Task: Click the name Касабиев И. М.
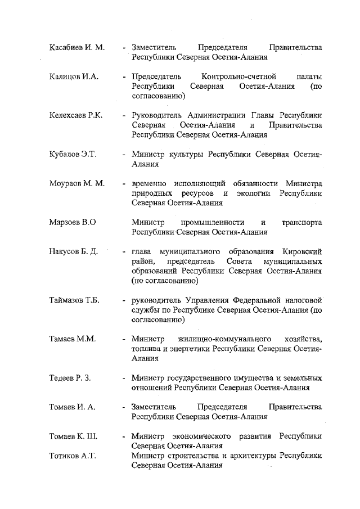click(77, 47)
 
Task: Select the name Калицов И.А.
click(74, 77)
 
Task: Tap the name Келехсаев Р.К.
click(75, 115)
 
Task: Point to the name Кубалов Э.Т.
click(73, 154)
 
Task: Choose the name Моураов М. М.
click(77, 183)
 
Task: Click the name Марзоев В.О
click(73, 222)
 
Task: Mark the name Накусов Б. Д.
click(74, 251)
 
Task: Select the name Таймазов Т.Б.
click(74, 300)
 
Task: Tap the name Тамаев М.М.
click(73, 339)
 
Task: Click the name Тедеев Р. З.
click(70, 378)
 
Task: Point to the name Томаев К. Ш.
click(74, 436)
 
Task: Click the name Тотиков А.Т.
click(73, 456)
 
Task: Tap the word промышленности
click(214, 222)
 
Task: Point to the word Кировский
click(304, 251)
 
